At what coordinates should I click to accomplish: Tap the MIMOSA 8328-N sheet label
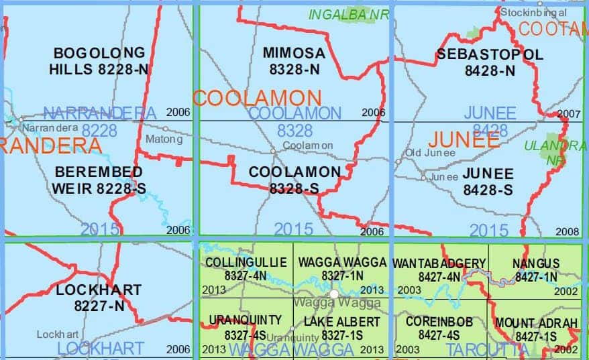(x=294, y=60)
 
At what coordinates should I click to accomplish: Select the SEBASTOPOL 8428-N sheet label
(x=490, y=62)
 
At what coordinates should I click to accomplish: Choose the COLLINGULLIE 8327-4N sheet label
(x=246, y=268)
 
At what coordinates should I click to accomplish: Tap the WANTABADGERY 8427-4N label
(x=439, y=269)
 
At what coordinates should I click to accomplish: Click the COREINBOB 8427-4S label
(x=439, y=328)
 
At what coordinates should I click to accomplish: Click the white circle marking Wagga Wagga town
(x=334, y=294)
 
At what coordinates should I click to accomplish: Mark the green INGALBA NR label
(x=348, y=14)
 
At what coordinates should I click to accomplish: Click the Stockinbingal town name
(x=533, y=12)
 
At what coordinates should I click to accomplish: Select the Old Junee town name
(x=430, y=153)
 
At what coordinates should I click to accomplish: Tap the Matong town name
(x=164, y=139)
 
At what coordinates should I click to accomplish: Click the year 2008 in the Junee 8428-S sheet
(x=568, y=231)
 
